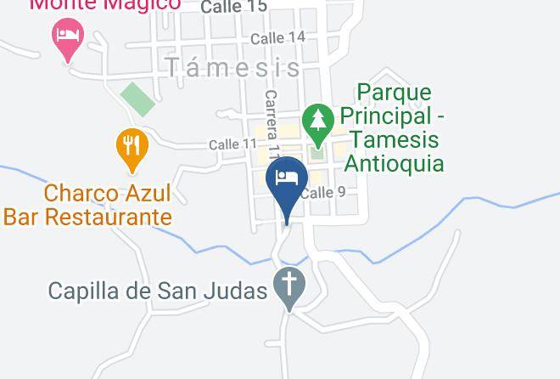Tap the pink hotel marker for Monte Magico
[x=68, y=37]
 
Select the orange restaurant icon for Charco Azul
[x=132, y=144]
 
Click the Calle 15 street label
[x=233, y=7]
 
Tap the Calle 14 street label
[x=278, y=37]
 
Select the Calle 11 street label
[x=232, y=144]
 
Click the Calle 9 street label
[x=323, y=193]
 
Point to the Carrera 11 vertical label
[x=272, y=124]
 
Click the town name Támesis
[x=232, y=67]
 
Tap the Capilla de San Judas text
[x=158, y=291]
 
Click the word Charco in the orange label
[x=81, y=193]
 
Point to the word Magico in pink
[x=143, y=4]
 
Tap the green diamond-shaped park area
[x=137, y=99]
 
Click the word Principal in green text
[x=395, y=115]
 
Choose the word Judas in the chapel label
[x=241, y=291]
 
